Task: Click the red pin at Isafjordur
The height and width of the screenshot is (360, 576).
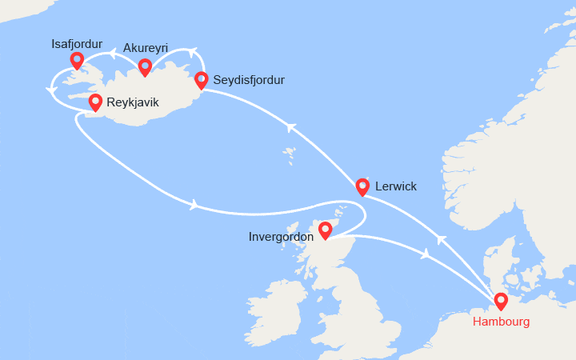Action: click(77, 60)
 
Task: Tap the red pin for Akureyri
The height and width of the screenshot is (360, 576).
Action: click(145, 66)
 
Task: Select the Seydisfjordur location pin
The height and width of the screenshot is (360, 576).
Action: click(202, 79)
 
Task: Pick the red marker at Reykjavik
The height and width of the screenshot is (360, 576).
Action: click(95, 102)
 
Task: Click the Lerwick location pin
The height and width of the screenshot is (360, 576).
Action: click(362, 186)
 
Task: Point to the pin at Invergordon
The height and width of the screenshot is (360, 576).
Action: click(325, 231)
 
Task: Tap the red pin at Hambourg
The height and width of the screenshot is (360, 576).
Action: click(501, 302)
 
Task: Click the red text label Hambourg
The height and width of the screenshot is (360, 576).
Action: click(501, 322)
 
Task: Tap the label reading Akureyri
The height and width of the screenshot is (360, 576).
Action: click(146, 47)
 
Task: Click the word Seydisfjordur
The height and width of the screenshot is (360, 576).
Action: click(250, 80)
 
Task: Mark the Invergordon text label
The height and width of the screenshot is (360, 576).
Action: click(282, 238)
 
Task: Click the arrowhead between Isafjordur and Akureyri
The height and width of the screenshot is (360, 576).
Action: click(114, 54)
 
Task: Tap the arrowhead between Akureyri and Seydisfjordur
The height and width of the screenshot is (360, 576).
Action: click(191, 54)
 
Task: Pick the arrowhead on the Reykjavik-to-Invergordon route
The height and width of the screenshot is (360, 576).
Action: click(194, 205)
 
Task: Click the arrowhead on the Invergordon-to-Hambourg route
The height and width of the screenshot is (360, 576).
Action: click(426, 254)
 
